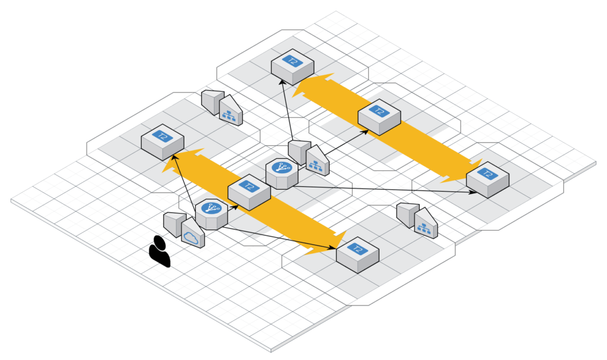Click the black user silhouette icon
click(159, 252)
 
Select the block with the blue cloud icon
click(193, 234)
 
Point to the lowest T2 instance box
click(357, 256)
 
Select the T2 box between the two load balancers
click(249, 192)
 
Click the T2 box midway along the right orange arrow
click(379, 118)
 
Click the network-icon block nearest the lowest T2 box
click(424, 223)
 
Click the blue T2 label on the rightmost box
click(488, 174)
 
